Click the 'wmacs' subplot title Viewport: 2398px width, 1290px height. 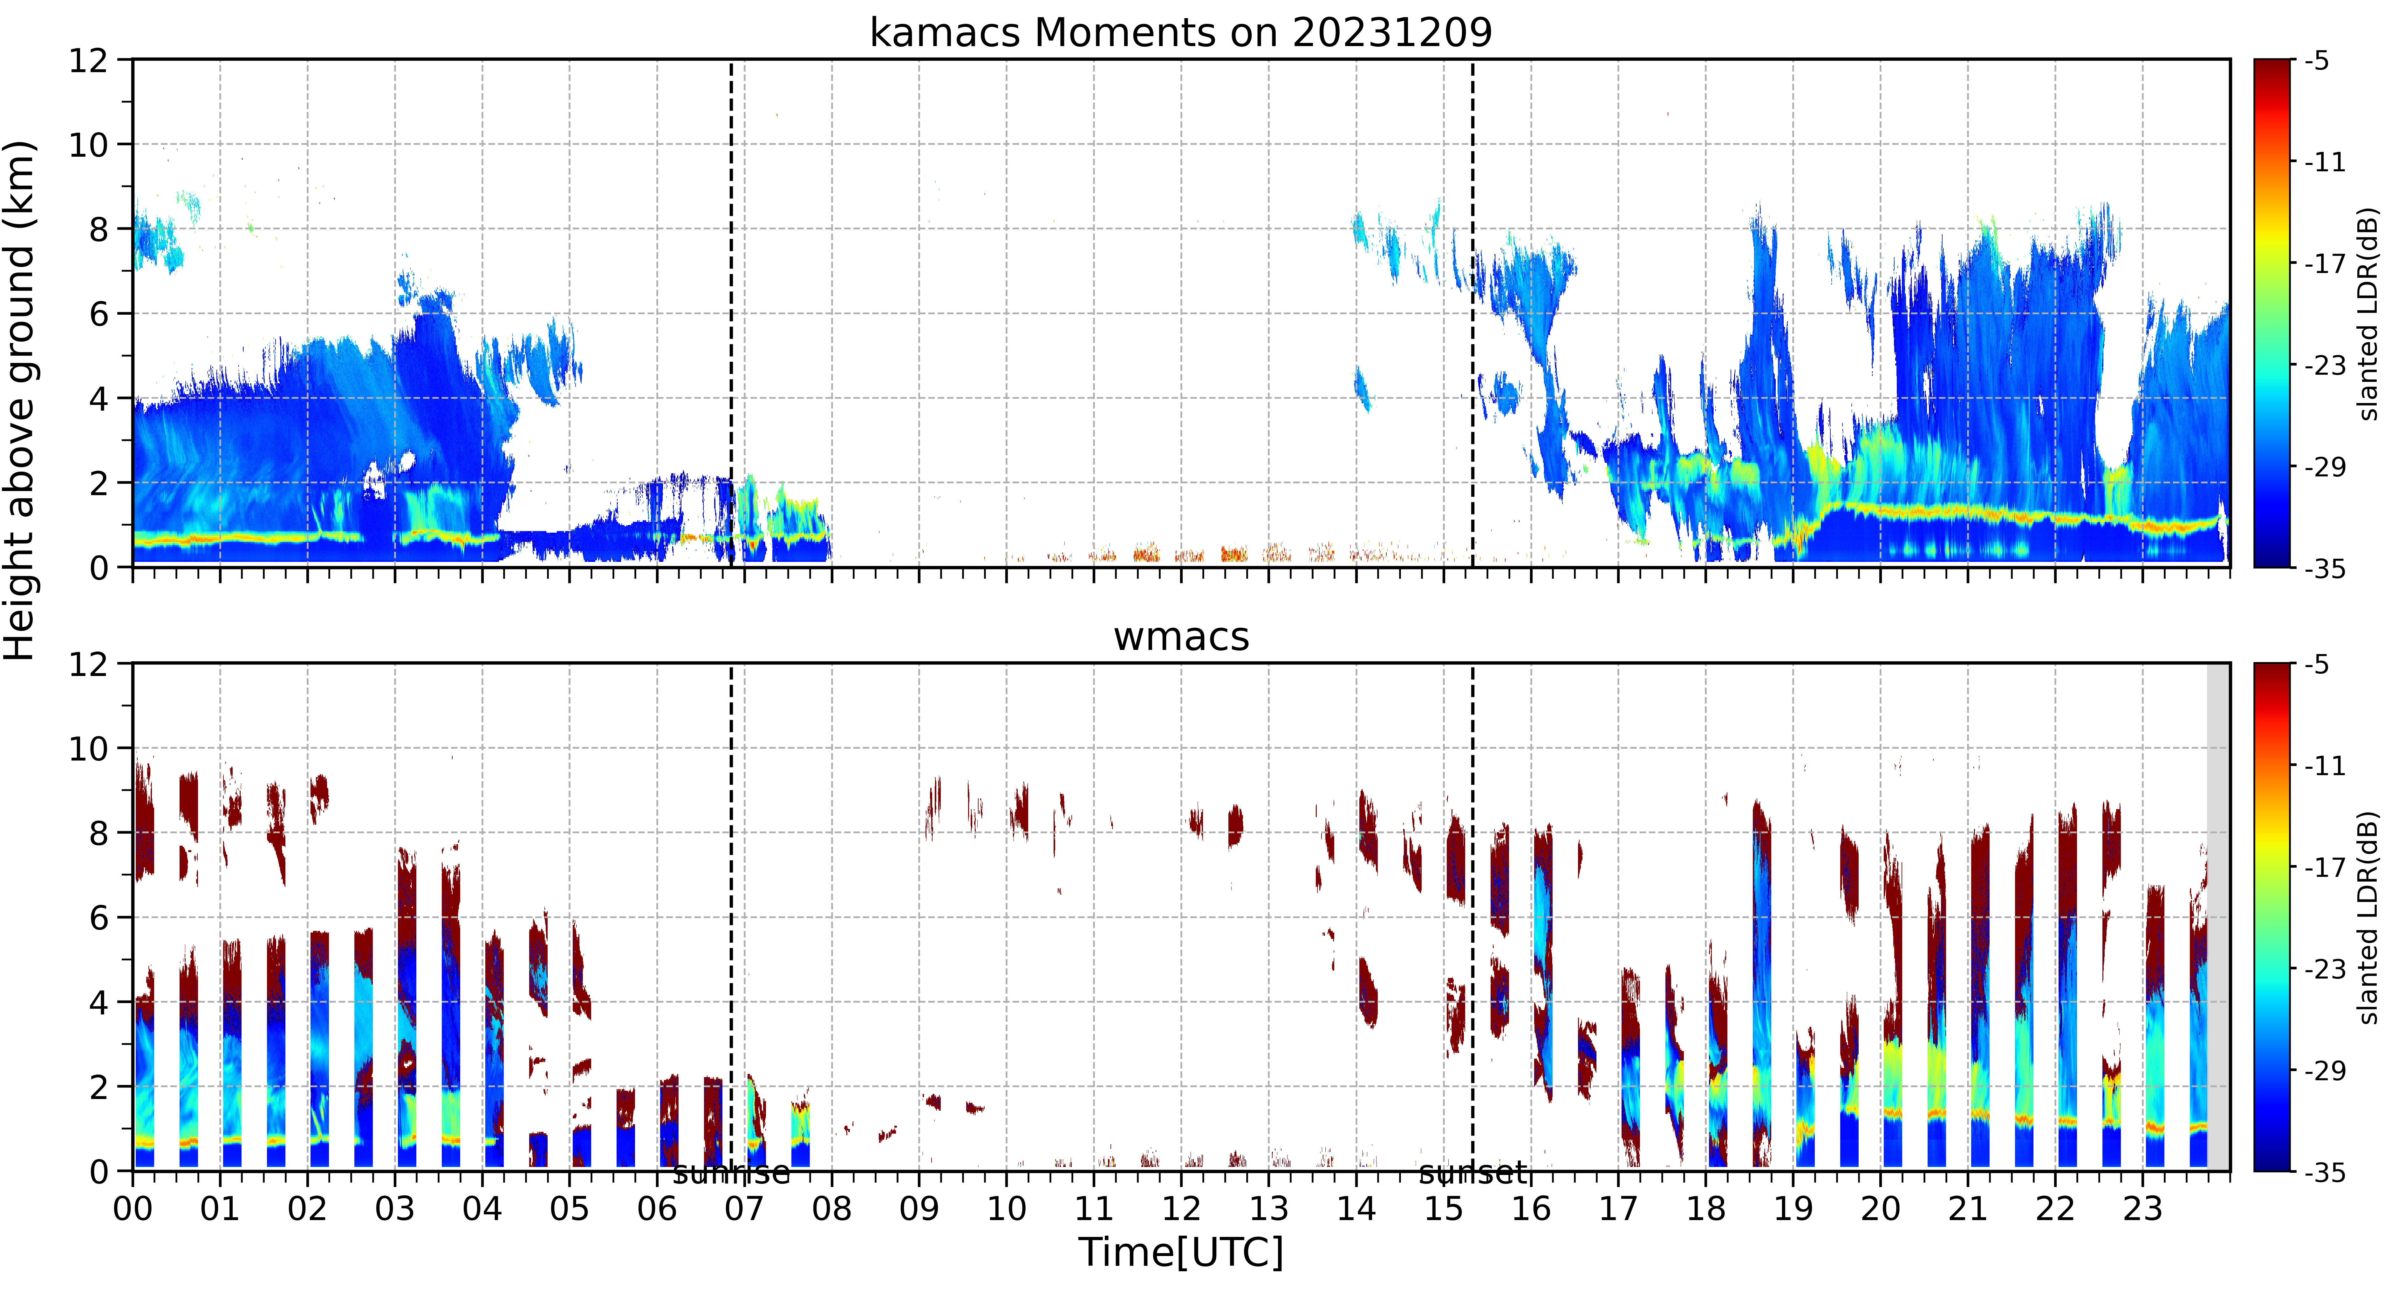pos(1181,637)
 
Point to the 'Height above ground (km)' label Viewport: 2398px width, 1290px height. pos(20,400)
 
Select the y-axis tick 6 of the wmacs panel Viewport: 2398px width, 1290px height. pos(99,918)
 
